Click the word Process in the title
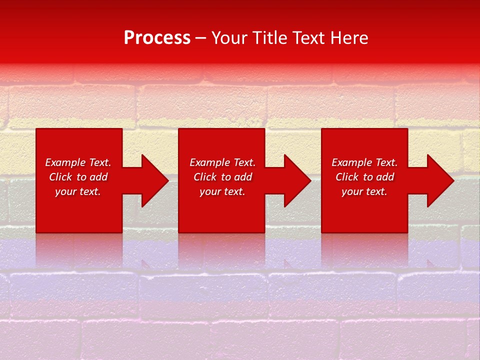157,38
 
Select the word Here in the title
350,38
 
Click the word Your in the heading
230,38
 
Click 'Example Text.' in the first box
78,162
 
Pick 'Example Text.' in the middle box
222,162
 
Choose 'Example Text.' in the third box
364,162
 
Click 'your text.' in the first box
78,191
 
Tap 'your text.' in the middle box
222,191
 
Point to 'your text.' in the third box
364,191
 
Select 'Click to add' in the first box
78,177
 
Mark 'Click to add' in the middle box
222,177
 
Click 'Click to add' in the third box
364,177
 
